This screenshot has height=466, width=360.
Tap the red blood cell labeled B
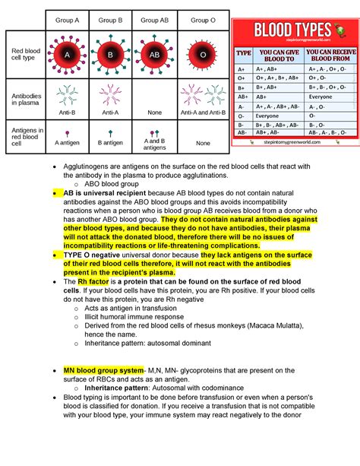click(x=111, y=54)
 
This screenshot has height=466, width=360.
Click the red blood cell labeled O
click(x=203, y=54)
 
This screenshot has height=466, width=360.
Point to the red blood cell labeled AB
click(x=155, y=54)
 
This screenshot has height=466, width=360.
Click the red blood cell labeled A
click(x=68, y=54)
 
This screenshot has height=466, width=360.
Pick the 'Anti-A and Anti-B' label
click(x=203, y=113)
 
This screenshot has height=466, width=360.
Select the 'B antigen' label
click(x=111, y=142)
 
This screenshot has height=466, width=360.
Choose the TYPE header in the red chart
click(x=244, y=53)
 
